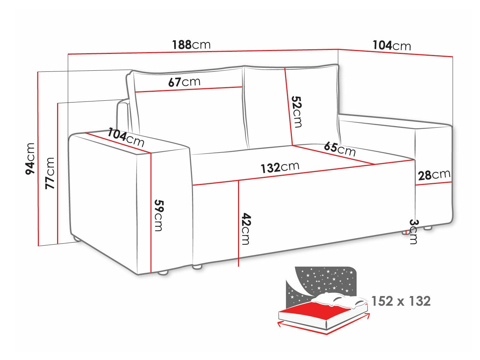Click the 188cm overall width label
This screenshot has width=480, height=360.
pyautogui.click(x=191, y=45)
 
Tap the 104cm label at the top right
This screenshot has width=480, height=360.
pyautogui.click(x=392, y=45)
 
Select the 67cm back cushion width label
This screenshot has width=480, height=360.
pyautogui.click(x=184, y=82)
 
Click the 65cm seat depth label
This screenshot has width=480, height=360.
pyautogui.click(x=340, y=149)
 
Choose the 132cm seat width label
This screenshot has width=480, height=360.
pyautogui.click(x=280, y=167)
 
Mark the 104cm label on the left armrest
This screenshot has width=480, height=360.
pyautogui.click(x=126, y=137)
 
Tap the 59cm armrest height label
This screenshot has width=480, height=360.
pyautogui.click(x=158, y=215)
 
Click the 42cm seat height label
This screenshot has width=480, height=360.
pyautogui.click(x=246, y=229)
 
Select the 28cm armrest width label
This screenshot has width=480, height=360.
pyautogui.click(x=434, y=175)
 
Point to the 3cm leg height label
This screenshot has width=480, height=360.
pyautogui.click(x=413, y=231)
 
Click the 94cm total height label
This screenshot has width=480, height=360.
pyautogui.click(x=30, y=158)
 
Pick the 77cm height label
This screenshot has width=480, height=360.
pyautogui.click(x=50, y=173)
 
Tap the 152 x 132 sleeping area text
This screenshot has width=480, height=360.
pyautogui.click(x=401, y=301)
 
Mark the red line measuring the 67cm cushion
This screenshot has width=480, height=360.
pyautogui.click(x=189, y=89)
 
